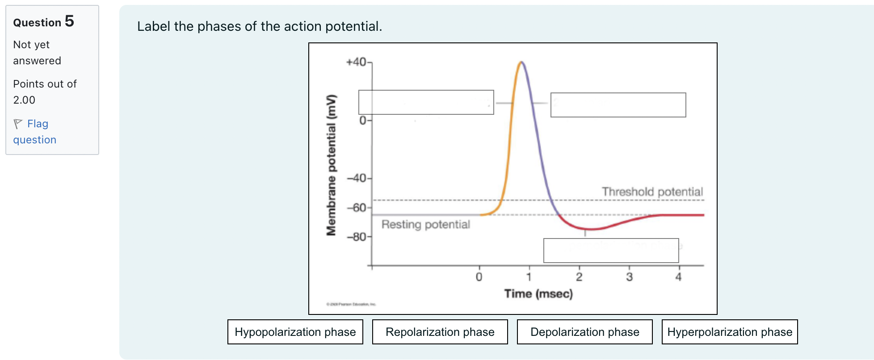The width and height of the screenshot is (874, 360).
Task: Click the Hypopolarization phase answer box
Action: [295, 332]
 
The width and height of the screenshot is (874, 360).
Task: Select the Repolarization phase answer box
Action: [440, 332]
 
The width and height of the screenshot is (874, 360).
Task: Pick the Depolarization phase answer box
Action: [584, 332]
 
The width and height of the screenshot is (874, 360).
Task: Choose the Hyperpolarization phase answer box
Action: [729, 332]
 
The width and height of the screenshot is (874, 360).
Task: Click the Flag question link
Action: [35, 131]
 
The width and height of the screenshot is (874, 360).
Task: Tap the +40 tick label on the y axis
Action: [356, 62]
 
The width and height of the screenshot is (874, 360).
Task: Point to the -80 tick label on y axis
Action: [357, 237]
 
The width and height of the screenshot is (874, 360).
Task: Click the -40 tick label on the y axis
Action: [357, 178]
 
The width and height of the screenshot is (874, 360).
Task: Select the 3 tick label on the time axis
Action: [629, 277]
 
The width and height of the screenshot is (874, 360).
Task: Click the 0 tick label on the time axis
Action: [479, 277]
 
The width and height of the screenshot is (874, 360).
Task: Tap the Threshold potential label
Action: [652, 192]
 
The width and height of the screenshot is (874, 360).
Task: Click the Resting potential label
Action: [425, 224]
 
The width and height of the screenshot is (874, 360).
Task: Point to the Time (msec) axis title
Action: [538, 293]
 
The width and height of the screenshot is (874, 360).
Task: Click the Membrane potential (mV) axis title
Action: [331, 165]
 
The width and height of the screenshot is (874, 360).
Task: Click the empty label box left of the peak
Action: [426, 102]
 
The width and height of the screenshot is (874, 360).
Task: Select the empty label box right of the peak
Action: [618, 105]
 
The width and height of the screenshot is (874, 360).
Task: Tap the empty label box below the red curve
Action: [611, 251]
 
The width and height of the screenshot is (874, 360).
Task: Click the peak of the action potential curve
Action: [521, 63]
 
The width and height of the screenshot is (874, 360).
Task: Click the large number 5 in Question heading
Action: [69, 21]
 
